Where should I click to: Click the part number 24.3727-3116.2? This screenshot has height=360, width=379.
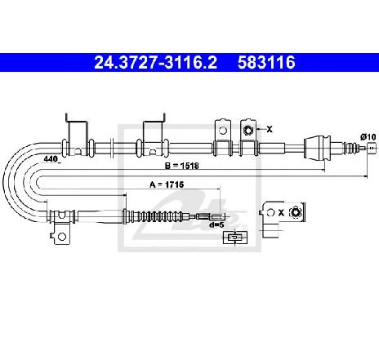[155, 62]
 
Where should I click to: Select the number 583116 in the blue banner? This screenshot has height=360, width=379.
[266, 62]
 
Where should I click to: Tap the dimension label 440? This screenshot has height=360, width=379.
[51, 158]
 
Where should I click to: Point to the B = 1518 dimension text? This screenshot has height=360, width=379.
[182, 166]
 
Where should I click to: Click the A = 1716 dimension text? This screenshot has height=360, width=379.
[167, 184]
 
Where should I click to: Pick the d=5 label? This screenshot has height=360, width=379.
[216, 225]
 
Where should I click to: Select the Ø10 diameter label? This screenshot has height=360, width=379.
[368, 137]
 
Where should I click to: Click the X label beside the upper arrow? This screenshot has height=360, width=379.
[270, 130]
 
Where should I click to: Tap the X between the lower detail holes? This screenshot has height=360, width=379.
[281, 212]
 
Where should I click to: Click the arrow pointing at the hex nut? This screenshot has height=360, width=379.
[261, 130]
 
